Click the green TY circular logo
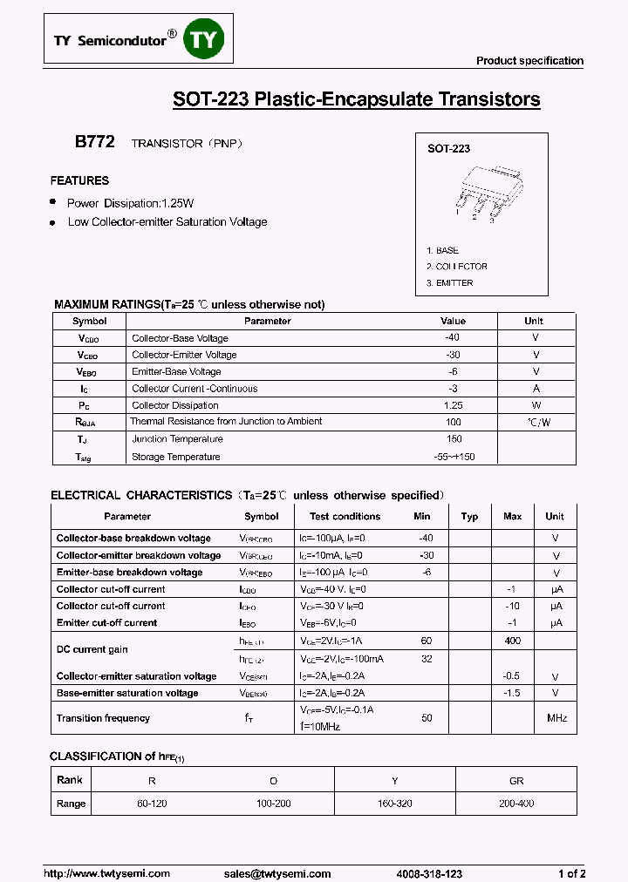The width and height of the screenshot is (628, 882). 205,41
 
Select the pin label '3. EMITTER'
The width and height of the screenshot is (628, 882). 450,282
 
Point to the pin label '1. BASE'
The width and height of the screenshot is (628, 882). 442,250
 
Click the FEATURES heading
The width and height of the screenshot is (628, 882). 79,180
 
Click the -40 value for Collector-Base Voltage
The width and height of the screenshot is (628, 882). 452,338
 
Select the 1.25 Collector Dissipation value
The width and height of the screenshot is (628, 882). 453,405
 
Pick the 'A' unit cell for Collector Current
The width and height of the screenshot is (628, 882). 536,389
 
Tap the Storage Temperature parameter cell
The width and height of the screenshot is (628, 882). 176,457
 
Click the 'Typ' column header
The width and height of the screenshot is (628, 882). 469,516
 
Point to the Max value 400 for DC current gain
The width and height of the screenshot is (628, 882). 512,641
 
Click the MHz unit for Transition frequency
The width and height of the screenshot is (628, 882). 556,718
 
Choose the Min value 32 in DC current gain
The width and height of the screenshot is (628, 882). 427,659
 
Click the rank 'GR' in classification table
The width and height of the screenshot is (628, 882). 516,781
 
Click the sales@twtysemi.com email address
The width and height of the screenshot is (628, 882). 277,873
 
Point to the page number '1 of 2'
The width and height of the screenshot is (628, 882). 571,873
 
